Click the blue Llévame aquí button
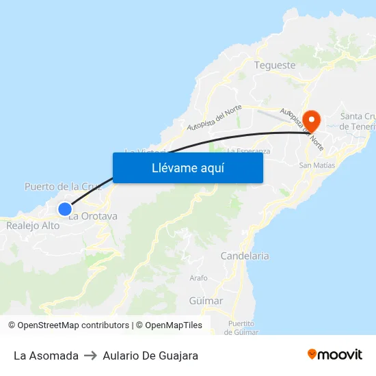click(x=188, y=167)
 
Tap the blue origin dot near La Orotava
click(x=65, y=209)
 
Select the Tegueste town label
click(x=275, y=66)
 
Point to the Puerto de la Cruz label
click(x=63, y=187)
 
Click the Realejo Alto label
click(x=33, y=225)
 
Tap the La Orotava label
click(x=94, y=216)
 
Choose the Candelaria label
click(x=245, y=256)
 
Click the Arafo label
click(x=198, y=278)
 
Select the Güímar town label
click(x=206, y=301)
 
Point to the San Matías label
click(x=316, y=165)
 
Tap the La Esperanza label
click(x=249, y=150)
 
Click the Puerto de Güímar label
click(x=243, y=327)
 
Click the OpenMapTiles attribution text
click(x=174, y=325)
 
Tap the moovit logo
click(x=335, y=355)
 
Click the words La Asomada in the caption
click(x=46, y=355)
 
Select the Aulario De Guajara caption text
click(x=150, y=355)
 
